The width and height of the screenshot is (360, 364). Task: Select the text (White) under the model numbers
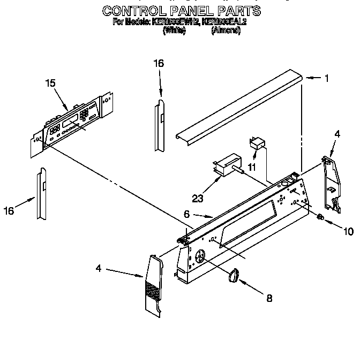(174, 31)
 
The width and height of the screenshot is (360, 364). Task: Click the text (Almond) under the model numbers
(226, 31)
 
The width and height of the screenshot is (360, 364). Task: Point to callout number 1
(326, 78)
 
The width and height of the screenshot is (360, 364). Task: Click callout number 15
(50, 83)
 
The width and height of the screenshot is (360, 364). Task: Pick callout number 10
(348, 231)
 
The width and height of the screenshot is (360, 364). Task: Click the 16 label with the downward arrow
(159, 63)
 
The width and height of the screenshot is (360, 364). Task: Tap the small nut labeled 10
(319, 217)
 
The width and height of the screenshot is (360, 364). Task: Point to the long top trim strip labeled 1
(238, 105)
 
